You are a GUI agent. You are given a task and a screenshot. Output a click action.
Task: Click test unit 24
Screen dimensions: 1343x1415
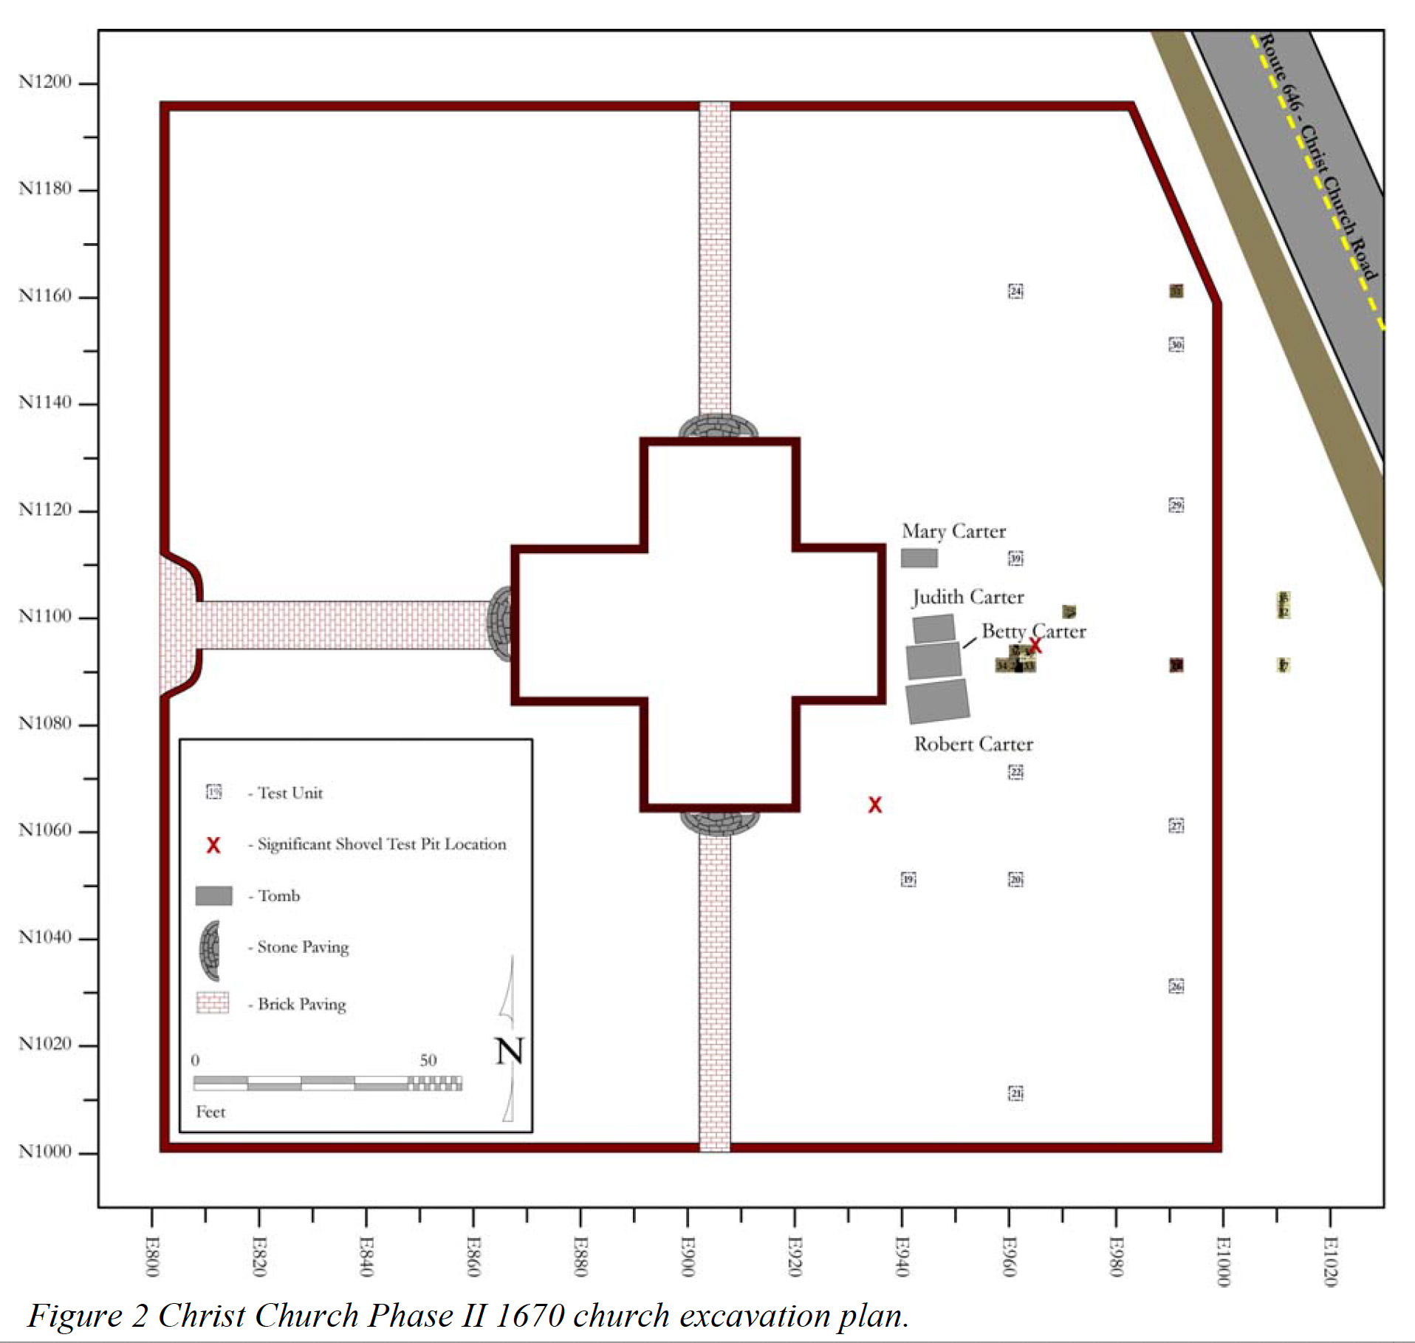pos(1015,291)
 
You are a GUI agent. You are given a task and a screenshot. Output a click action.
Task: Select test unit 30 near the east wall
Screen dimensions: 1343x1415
pos(1176,344)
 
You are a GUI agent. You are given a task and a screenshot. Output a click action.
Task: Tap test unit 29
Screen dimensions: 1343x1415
pos(1176,505)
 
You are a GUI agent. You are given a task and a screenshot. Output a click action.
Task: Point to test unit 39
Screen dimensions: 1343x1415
pos(1015,558)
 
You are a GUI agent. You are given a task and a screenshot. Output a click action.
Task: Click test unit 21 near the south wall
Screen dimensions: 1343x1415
pos(1015,1093)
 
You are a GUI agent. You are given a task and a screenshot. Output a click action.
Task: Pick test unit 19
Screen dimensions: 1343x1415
pos(908,879)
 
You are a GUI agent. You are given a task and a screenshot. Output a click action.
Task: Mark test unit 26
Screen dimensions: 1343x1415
pos(1176,986)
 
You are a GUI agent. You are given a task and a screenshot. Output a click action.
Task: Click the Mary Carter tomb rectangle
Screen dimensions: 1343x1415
pos(919,558)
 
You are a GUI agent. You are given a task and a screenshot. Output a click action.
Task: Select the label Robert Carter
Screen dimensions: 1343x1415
pos(973,744)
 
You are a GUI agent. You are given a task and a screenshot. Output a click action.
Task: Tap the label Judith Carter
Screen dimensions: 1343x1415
pos(967,597)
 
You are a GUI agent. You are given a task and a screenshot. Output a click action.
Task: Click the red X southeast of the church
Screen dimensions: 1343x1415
pos(874,804)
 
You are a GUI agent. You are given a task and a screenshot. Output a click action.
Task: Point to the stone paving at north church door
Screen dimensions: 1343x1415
pos(718,426)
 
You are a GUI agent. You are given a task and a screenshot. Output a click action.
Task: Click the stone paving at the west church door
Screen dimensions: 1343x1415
pos(500,623)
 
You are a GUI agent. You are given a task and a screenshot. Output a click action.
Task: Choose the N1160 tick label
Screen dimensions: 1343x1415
pos(45,295)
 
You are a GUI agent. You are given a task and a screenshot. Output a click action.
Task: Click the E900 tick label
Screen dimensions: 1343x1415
pos(688,1256)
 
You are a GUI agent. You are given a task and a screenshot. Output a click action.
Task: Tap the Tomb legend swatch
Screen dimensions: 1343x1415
pos(213,895)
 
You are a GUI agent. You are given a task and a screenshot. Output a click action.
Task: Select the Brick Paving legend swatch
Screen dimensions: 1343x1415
pos(213,1002)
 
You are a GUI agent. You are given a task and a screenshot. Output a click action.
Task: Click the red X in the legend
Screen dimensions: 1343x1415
pos(213,845)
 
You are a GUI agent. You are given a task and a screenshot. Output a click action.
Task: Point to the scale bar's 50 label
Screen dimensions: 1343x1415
pos(428,1060)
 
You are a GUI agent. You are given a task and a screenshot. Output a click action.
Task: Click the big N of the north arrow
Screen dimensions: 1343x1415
pos(509,1050)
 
